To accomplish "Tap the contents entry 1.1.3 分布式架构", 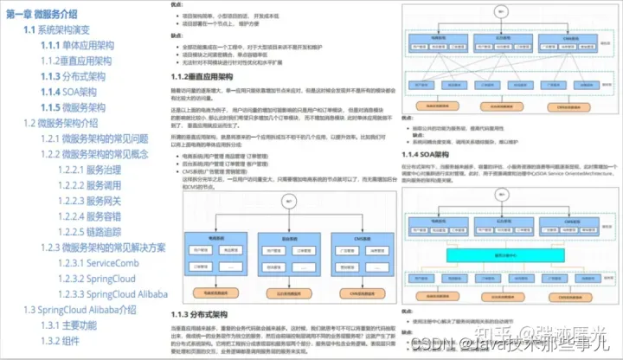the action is [73, 76].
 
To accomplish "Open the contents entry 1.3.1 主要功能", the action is [79, 325].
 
